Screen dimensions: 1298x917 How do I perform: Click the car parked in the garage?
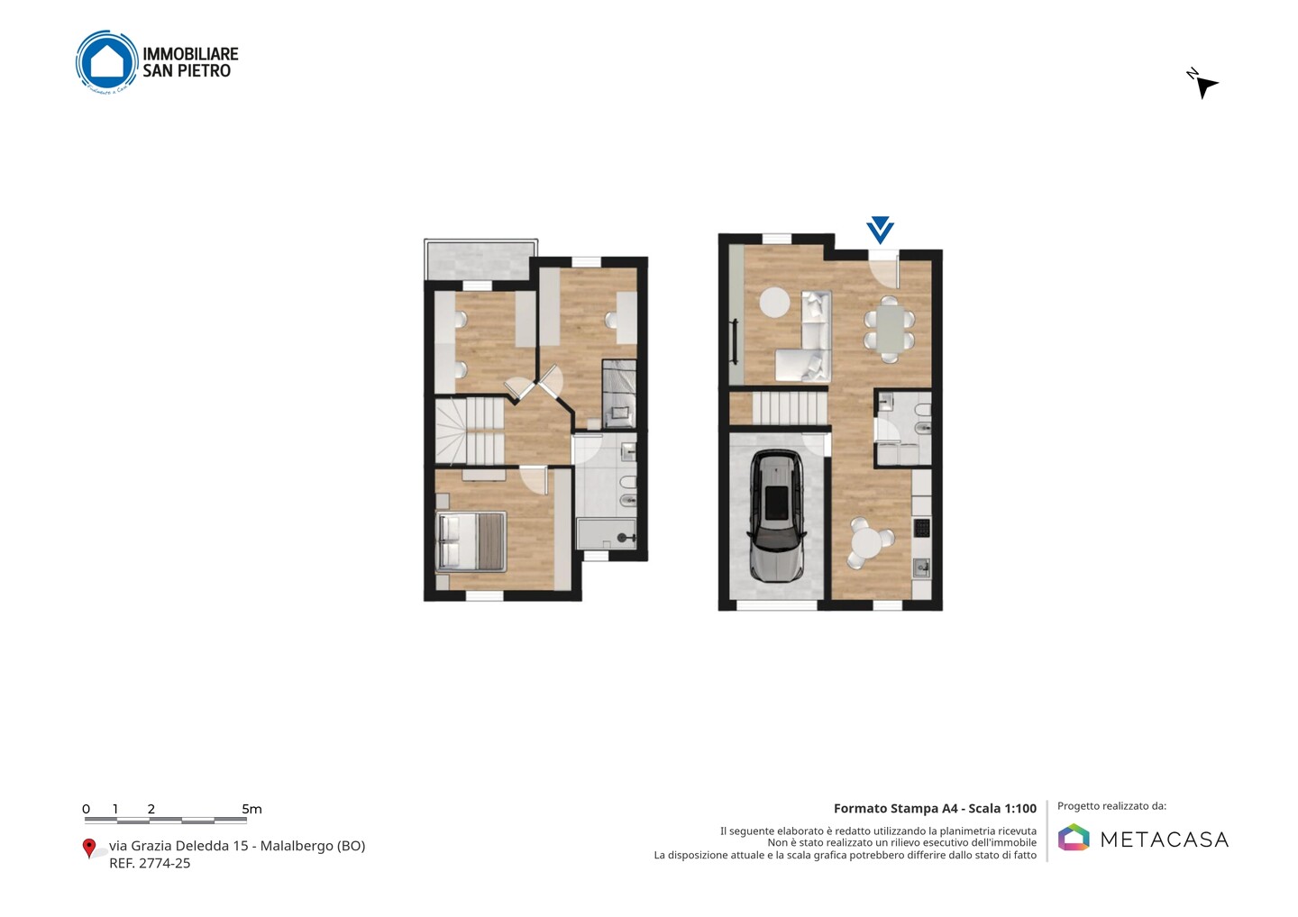[776, 516]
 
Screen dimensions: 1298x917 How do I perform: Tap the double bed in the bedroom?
[471, 542]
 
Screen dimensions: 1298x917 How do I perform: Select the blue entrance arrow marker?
[880, 230]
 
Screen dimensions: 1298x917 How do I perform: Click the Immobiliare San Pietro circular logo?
[107, 62]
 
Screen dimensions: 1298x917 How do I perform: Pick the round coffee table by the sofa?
[775, 303]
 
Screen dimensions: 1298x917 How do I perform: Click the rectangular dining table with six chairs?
[890, 329]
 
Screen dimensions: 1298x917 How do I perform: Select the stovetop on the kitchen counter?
[922, 527]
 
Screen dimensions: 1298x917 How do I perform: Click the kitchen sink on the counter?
[922, 567]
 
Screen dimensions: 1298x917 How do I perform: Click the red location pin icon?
[88, 849]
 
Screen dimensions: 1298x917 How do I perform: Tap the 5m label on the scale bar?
[252, 809]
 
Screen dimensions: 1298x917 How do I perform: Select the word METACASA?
[1165, 840]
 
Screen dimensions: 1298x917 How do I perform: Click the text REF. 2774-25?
[150, 863]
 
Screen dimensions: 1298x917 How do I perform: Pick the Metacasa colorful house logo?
[1074, 837]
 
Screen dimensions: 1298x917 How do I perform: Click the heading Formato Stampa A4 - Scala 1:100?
[935, 808]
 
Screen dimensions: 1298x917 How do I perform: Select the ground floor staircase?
[790, 408]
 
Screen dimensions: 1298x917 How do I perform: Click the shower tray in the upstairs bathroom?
[606, 534]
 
